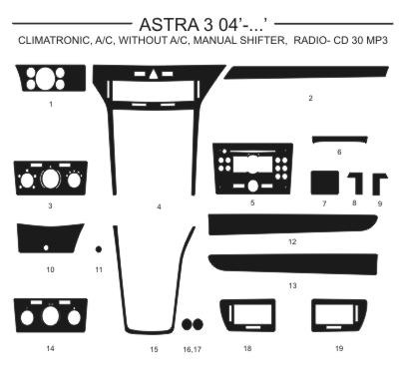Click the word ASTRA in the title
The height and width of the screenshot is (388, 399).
point(169,24)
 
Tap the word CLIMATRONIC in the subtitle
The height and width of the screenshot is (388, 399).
point(53,40)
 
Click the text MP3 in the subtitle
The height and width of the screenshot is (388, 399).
point(376,40)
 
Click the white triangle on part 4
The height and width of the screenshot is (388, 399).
point(154,74)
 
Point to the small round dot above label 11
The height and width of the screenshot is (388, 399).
point(99,249)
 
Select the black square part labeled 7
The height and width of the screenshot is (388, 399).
point(325,183)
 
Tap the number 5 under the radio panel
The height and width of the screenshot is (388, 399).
point(252,202)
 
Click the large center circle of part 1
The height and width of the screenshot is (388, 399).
point(45,79)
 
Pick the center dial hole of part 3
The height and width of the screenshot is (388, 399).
point(50,180)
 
